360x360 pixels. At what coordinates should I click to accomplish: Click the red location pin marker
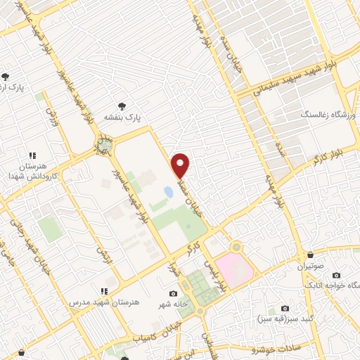tap(181, 165)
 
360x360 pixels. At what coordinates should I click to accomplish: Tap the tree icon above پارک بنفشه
tap(124, 105)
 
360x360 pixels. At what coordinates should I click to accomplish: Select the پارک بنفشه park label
tap(124, 117)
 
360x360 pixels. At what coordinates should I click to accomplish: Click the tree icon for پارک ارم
tap(6, 77)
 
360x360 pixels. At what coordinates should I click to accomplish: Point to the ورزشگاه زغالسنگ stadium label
tap(330, 113)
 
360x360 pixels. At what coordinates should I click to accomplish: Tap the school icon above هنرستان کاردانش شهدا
tap(32, 155)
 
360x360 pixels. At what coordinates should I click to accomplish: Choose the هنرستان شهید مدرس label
tap(104, 302)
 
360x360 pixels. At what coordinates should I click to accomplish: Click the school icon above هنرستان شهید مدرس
tap(104, 290)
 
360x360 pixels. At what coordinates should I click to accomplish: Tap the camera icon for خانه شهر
tap(173, 294)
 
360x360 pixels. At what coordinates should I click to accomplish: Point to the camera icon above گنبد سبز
tap(285, 308)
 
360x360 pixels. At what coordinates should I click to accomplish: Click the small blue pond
tap(169, 191)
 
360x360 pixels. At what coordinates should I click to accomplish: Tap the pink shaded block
tap(233, 269)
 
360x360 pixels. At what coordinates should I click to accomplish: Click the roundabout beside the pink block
tap(236, 247)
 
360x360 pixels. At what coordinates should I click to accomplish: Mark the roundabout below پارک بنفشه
tap(104, 146)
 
